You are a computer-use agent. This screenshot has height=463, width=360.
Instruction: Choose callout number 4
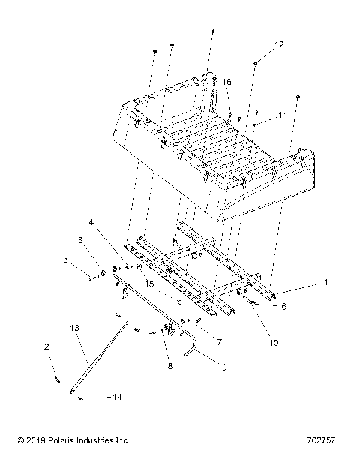click(91, 223)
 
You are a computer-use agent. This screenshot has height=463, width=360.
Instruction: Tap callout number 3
click(81, 240)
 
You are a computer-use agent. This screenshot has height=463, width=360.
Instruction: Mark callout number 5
click(65, 260)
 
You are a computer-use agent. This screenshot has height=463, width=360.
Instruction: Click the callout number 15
click(172, 284)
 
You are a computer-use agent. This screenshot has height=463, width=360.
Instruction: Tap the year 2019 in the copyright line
click(24, 440)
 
